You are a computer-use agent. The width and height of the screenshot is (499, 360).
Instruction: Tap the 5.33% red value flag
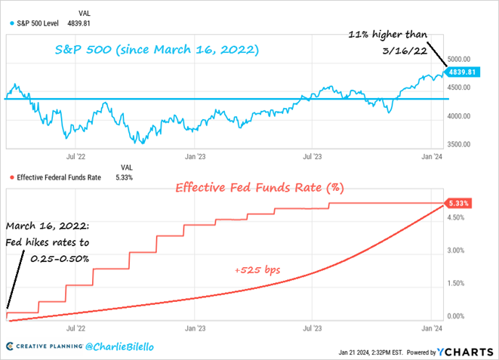pyautogui.click(x=460, y=204)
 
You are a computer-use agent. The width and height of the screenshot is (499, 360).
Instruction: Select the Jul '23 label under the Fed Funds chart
pyautogui.click(x=312, y=329)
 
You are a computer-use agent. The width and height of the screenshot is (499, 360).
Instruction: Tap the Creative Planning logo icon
pyautogui.click(x=10, y=346)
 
